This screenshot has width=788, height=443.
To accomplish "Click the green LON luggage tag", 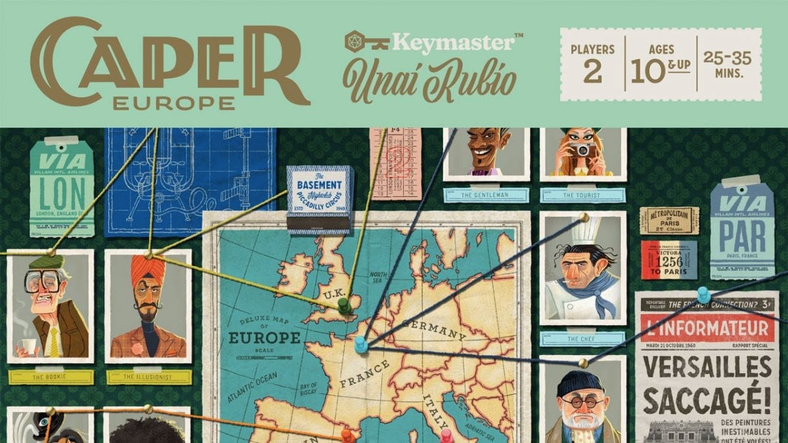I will [62, 188].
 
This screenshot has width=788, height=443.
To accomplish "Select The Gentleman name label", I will [486, 195].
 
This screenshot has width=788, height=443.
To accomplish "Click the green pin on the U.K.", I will [343, 304].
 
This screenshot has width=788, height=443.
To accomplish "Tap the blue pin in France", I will [361, 343].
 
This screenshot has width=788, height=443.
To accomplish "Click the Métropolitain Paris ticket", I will [668, 221].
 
